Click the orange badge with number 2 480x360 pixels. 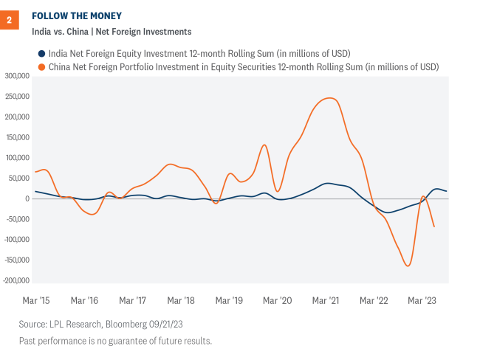[10, 20]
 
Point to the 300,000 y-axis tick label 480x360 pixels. [16, 76]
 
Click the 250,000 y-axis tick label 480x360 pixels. [16, 97]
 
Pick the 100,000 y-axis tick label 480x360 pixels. [16, 158]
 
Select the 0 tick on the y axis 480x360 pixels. [26, 199]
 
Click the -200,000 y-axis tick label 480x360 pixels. [15, 281]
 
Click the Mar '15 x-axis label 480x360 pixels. [36, 301]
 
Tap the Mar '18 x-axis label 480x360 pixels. [180, 301]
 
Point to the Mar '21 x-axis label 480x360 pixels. [325, 301]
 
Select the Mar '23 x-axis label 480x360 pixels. [421, 301]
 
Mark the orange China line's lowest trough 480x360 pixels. [408, 266]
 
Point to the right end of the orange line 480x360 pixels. [433, 226]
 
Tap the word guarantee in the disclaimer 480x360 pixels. [126, 340]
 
